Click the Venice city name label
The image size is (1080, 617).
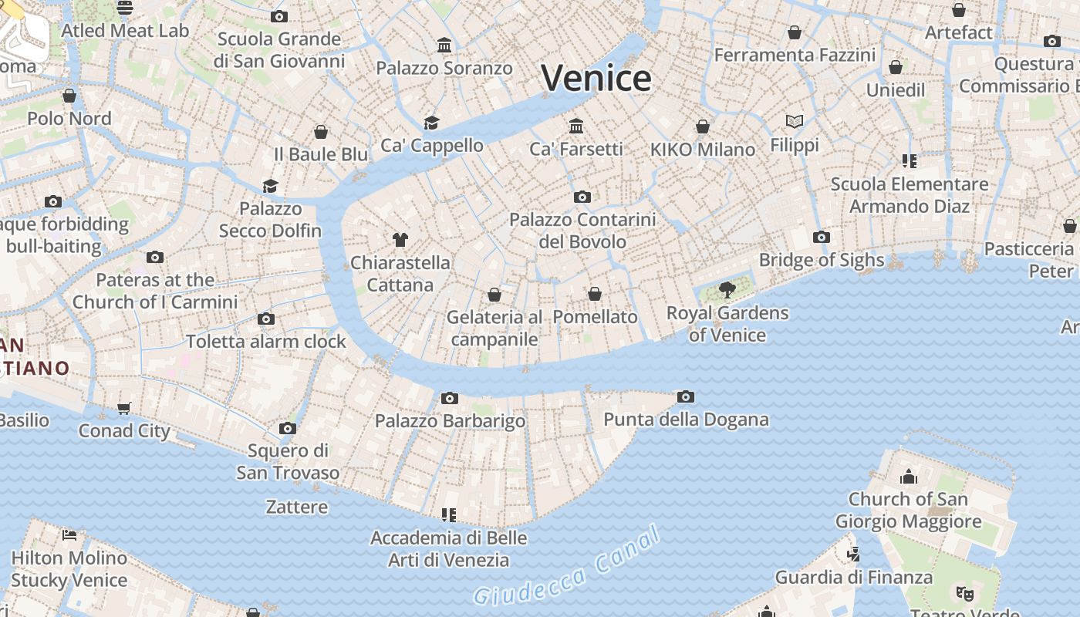click(x=596, y=78)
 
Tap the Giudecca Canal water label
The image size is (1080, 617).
click(x=567, y=567)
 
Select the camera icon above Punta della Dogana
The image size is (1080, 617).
click(x=686, y=397)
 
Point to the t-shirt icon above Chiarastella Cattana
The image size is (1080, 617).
click(x=400, y=240)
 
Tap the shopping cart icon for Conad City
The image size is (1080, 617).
click(x=124, y=408)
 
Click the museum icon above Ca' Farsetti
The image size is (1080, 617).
click(x=576, y=126)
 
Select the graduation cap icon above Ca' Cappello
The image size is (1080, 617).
click(x=431, y=123)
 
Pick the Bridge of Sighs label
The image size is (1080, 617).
click(x=821, y=260)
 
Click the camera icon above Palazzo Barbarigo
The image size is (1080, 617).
click(x=450, y=399)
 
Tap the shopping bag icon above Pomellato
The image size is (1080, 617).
click(x=595, y=294)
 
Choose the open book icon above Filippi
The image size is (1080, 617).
click(x=795, y=122)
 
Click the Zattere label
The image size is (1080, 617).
click(x=297, y=507)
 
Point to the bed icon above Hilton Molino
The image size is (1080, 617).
click(x=69, y=534)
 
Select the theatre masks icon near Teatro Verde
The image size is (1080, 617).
click(x=964, y=594)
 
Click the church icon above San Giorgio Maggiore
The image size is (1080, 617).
click(x=909, y=477)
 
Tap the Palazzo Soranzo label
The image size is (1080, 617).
click(x=444, y=68)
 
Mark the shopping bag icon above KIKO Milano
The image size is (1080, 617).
click(x=703, y=126)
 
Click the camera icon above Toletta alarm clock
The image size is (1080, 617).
click(x=266, y=319)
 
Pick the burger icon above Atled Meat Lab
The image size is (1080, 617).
click(x=125, y=8)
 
